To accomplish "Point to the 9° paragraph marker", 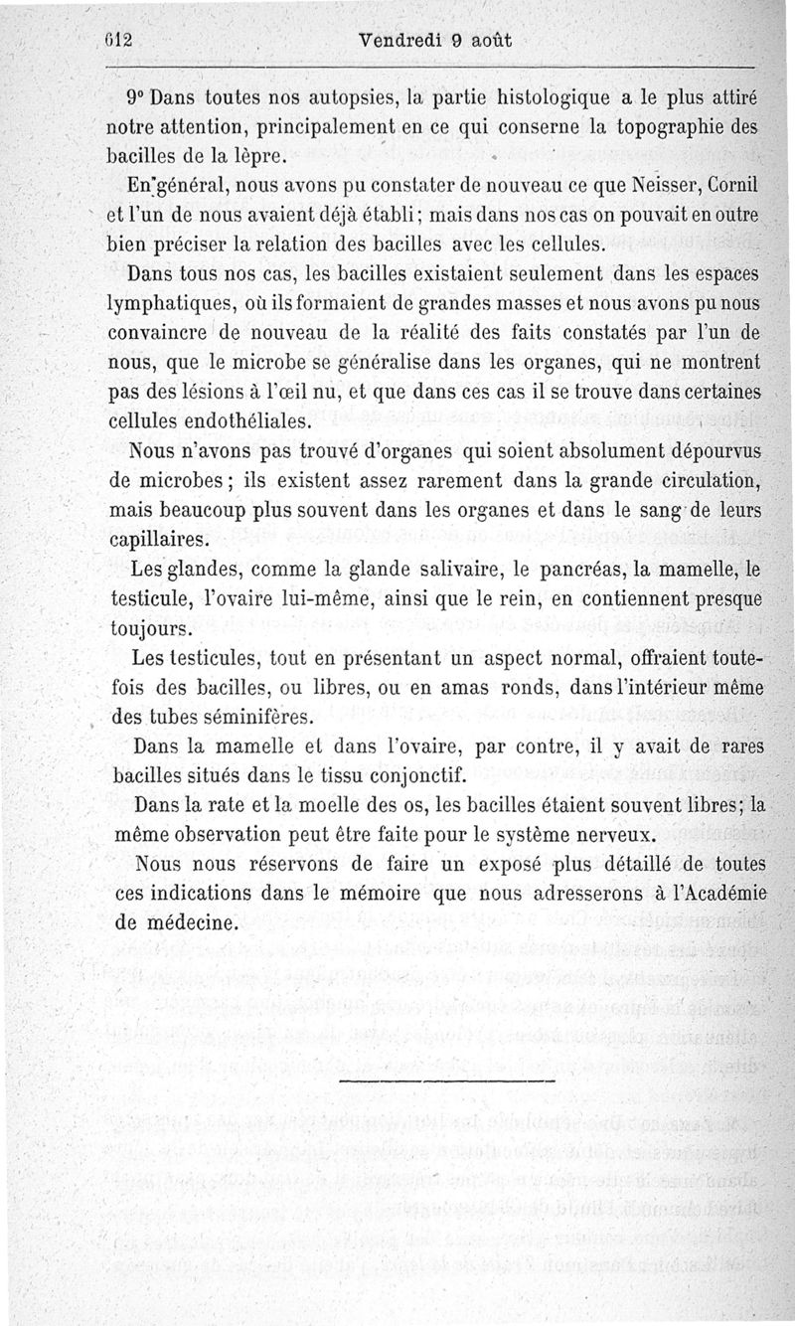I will pos(137,100).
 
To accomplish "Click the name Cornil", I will pos(724,185).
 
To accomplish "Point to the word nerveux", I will pos(615,832).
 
